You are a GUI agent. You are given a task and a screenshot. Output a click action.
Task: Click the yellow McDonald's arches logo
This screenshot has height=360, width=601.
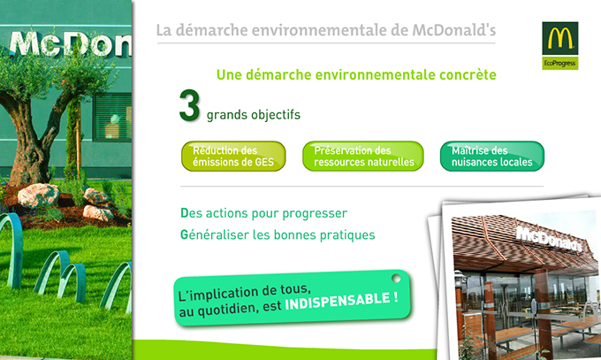pyautogui.click(x=560, y=38)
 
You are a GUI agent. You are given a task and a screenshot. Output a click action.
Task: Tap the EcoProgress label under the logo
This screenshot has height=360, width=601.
pyautogui.click(x=560, y=64)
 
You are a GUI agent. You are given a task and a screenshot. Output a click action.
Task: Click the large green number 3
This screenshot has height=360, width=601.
pyautogui.click(x=190, y=105)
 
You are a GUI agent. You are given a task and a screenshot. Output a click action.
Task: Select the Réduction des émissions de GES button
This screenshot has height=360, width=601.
pyautogui.click(x=233, y=157)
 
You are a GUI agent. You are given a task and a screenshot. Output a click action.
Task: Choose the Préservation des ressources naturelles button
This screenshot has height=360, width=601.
pyautogui.click(x=363, y=157)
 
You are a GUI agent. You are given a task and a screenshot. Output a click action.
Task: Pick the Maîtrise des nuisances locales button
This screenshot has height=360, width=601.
pyautogui.click(x=492, y=157)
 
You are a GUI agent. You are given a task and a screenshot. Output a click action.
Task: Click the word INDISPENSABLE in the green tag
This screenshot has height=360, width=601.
pyautogui.click(x=338, y=302)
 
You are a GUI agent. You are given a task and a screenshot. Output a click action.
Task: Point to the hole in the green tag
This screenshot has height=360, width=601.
pyautogui.click(x=396, y=279)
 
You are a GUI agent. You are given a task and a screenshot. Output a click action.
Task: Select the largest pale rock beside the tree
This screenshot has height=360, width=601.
pyautogui.click(x=38, y=195)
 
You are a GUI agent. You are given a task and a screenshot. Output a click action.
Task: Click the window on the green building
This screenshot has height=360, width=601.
pyautogui.click(x=113, y=117)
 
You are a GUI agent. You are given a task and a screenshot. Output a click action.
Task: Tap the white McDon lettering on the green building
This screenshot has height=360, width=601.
pyautogui.click(x=71, y=45)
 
